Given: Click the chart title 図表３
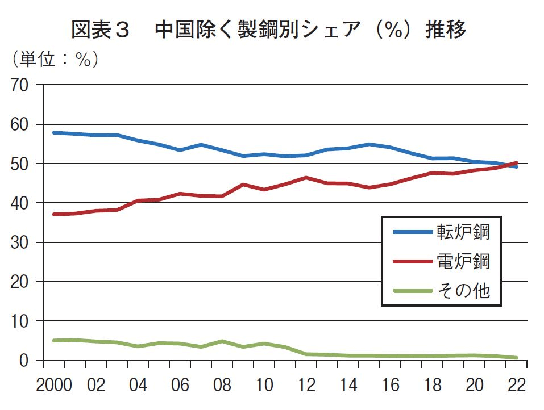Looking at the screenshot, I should pyautogui.click(x=101, y=30).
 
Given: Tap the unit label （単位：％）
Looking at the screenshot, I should pyautogui.click(x=55, y=59).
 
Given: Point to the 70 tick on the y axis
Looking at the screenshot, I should pyautogui.click(x=22, y=86).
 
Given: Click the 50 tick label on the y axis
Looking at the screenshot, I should pyautogui.click(x=22, y=164).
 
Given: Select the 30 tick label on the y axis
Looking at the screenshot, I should pyautogui.click(x=22, y=243).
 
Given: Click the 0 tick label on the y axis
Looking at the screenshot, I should pyautogui.click(x=27, y=361).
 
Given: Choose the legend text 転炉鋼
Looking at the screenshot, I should pyautogui.click(x=463, y=232).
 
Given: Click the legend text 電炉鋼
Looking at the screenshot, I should pyautogui.click(x=463, y=261).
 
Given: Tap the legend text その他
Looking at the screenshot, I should pyautogui.click(x=463, y=291).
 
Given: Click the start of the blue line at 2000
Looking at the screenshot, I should pyautogui.click(x=53, y=132).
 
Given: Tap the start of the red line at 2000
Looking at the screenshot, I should pyautogui.click(x=53, y=214).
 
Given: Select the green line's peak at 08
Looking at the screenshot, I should pyautogui.click(x=222, y=341).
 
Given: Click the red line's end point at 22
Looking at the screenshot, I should pyautogui.click(x=516, y=163).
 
